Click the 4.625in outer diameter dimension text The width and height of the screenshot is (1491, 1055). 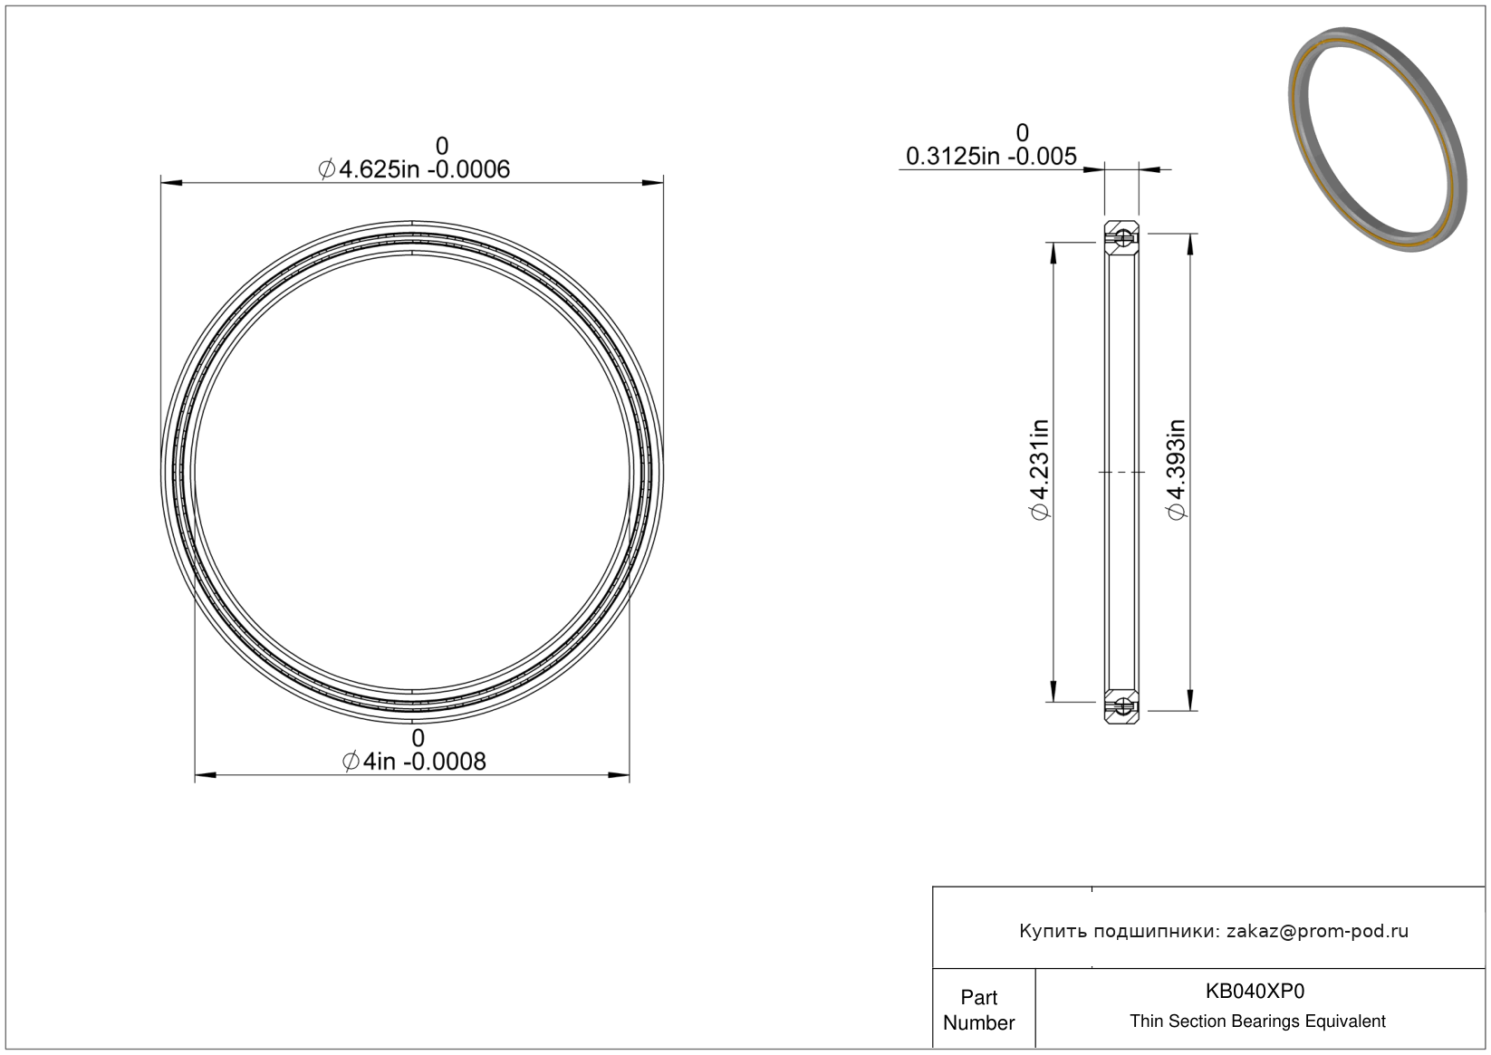(x=414, y=169)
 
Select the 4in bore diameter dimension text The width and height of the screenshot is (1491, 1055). (x=414, y=761)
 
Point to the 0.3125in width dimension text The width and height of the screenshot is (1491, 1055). (x=991, y=157)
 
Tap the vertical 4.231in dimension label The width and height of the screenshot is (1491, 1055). (x=1040, y=469)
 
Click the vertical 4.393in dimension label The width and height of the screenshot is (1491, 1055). (x=1176, y=469)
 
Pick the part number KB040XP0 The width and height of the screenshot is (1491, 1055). (x=1255, y=991)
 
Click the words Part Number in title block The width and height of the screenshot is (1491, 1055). (x=978, y=1010)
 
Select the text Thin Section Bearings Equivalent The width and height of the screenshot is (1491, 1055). (x=1257, y=1021)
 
